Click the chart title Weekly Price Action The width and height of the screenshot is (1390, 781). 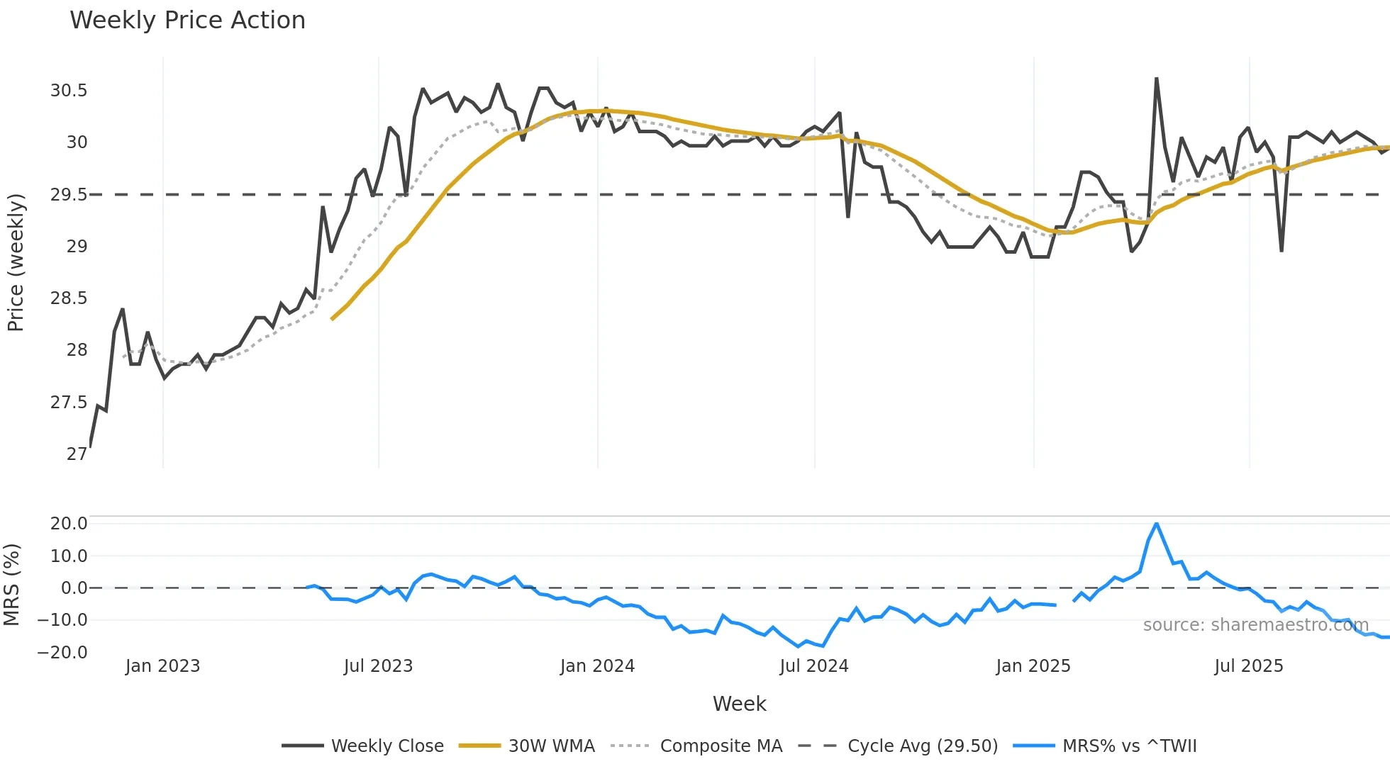click(187, 21)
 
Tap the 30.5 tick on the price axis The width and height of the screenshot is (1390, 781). click(69, 91)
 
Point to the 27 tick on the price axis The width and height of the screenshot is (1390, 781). click(77, 454)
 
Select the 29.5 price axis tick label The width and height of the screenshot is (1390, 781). click(69, 195)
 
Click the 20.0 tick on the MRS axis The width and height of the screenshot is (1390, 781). click(69, 524)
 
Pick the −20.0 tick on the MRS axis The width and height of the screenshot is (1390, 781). click(62, 652)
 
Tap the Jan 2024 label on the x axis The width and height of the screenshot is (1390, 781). click(597, 666)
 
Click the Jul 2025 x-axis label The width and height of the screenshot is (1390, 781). click(1248, 666)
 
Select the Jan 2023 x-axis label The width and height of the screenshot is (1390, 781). click(162, 666)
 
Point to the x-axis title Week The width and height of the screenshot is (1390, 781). click(739, 704)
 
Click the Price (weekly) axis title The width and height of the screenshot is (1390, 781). click(16, 262)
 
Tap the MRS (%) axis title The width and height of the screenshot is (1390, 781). click(11, 585)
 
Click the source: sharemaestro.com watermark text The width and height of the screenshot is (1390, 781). click(1255, 625)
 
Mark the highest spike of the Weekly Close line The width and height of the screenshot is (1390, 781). click(1157, 79)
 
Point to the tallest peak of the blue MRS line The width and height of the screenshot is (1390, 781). click(1157, 524)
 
